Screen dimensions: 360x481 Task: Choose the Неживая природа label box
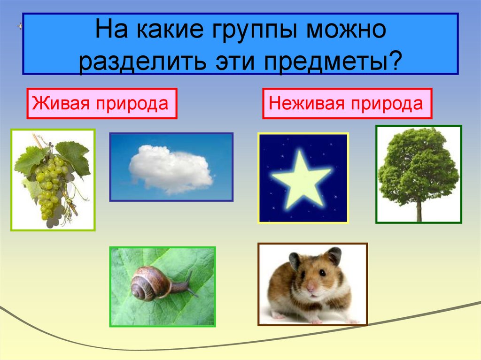click(347, 103)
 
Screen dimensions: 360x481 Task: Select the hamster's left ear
click(295, 260)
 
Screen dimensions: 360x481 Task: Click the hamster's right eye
click(323, 273)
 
